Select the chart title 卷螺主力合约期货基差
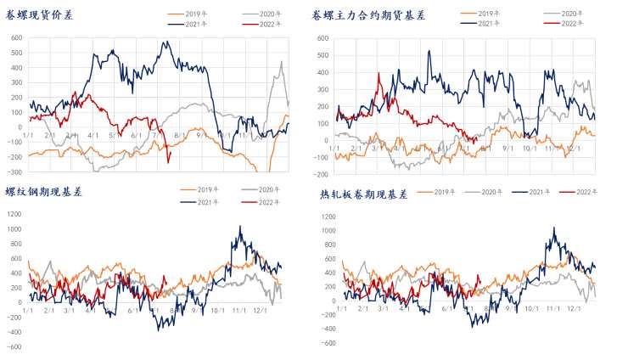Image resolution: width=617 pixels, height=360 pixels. pyautogui.click(x=369, y=16)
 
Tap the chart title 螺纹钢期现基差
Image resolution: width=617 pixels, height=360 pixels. pyautogui.click(x=42, y=193)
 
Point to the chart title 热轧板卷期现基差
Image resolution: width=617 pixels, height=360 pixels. pyautogui.click(x=364, y=194)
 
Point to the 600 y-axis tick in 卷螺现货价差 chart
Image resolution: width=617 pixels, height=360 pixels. pyautogui.click(x=15, y=38)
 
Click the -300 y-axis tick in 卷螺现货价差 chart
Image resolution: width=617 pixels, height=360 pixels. pyautogui.click(x=13, y=172)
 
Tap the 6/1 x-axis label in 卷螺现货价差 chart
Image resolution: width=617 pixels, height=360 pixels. pyautogui.click(x=136, y=136)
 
